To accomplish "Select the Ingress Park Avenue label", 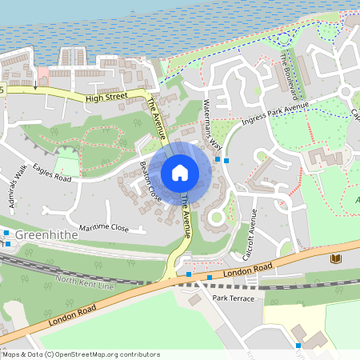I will pyautogui.click(x=274, y=116).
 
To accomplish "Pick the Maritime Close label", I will pyautogui.click(x=98, y=228).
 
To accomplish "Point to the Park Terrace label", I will pyautogui.click(x=234, y=298).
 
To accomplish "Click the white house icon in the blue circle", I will pyautogui.click(x=180, y=173).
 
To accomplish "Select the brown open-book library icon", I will pyautogui.click(x=335, y=258).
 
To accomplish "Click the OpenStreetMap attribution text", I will pyautogui.click(x=81, y=354).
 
